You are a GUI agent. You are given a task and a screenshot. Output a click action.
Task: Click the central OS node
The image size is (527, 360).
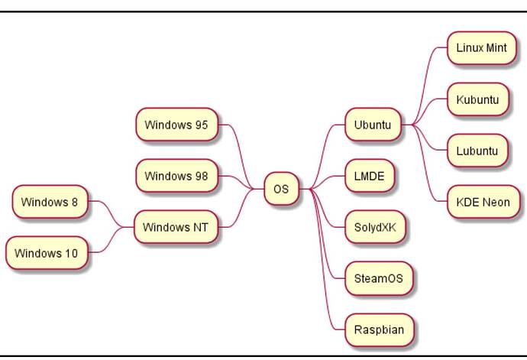[x=281, y=189]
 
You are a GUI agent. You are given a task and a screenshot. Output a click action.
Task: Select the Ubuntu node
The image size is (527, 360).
[x=373, y=125]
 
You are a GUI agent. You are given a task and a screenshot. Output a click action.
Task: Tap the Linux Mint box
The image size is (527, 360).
[x=481, y=47]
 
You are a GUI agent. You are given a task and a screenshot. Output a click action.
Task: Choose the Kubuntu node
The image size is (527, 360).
[x=477, y=99]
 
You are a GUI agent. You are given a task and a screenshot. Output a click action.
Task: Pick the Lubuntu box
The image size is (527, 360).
[x=477, y=151]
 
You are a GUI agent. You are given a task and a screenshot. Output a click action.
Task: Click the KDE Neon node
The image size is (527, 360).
[x=483, y=203]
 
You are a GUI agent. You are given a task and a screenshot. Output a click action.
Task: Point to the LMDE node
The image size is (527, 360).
[x=370, y=177]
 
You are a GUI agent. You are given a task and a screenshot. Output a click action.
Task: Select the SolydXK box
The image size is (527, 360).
[x=374, y=228]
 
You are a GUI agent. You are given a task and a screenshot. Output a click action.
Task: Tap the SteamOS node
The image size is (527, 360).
[x=378, y=279]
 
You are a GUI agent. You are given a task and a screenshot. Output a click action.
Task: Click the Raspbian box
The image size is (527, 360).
[x=378, y=330]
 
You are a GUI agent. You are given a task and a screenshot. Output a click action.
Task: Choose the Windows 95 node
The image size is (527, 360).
[x=176, y=125]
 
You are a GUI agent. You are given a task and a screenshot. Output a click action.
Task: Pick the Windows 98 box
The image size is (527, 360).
[x=176, y=176]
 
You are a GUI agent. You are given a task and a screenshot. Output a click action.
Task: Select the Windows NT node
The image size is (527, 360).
[x=175, y=227]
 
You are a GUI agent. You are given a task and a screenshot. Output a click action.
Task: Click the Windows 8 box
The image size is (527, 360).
[x=50, y=203]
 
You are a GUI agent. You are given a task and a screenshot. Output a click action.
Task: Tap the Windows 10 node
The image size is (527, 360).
[x=46, y=254]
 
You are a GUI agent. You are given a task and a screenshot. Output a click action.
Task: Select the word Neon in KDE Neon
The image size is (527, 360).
[x=496, y=203]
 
